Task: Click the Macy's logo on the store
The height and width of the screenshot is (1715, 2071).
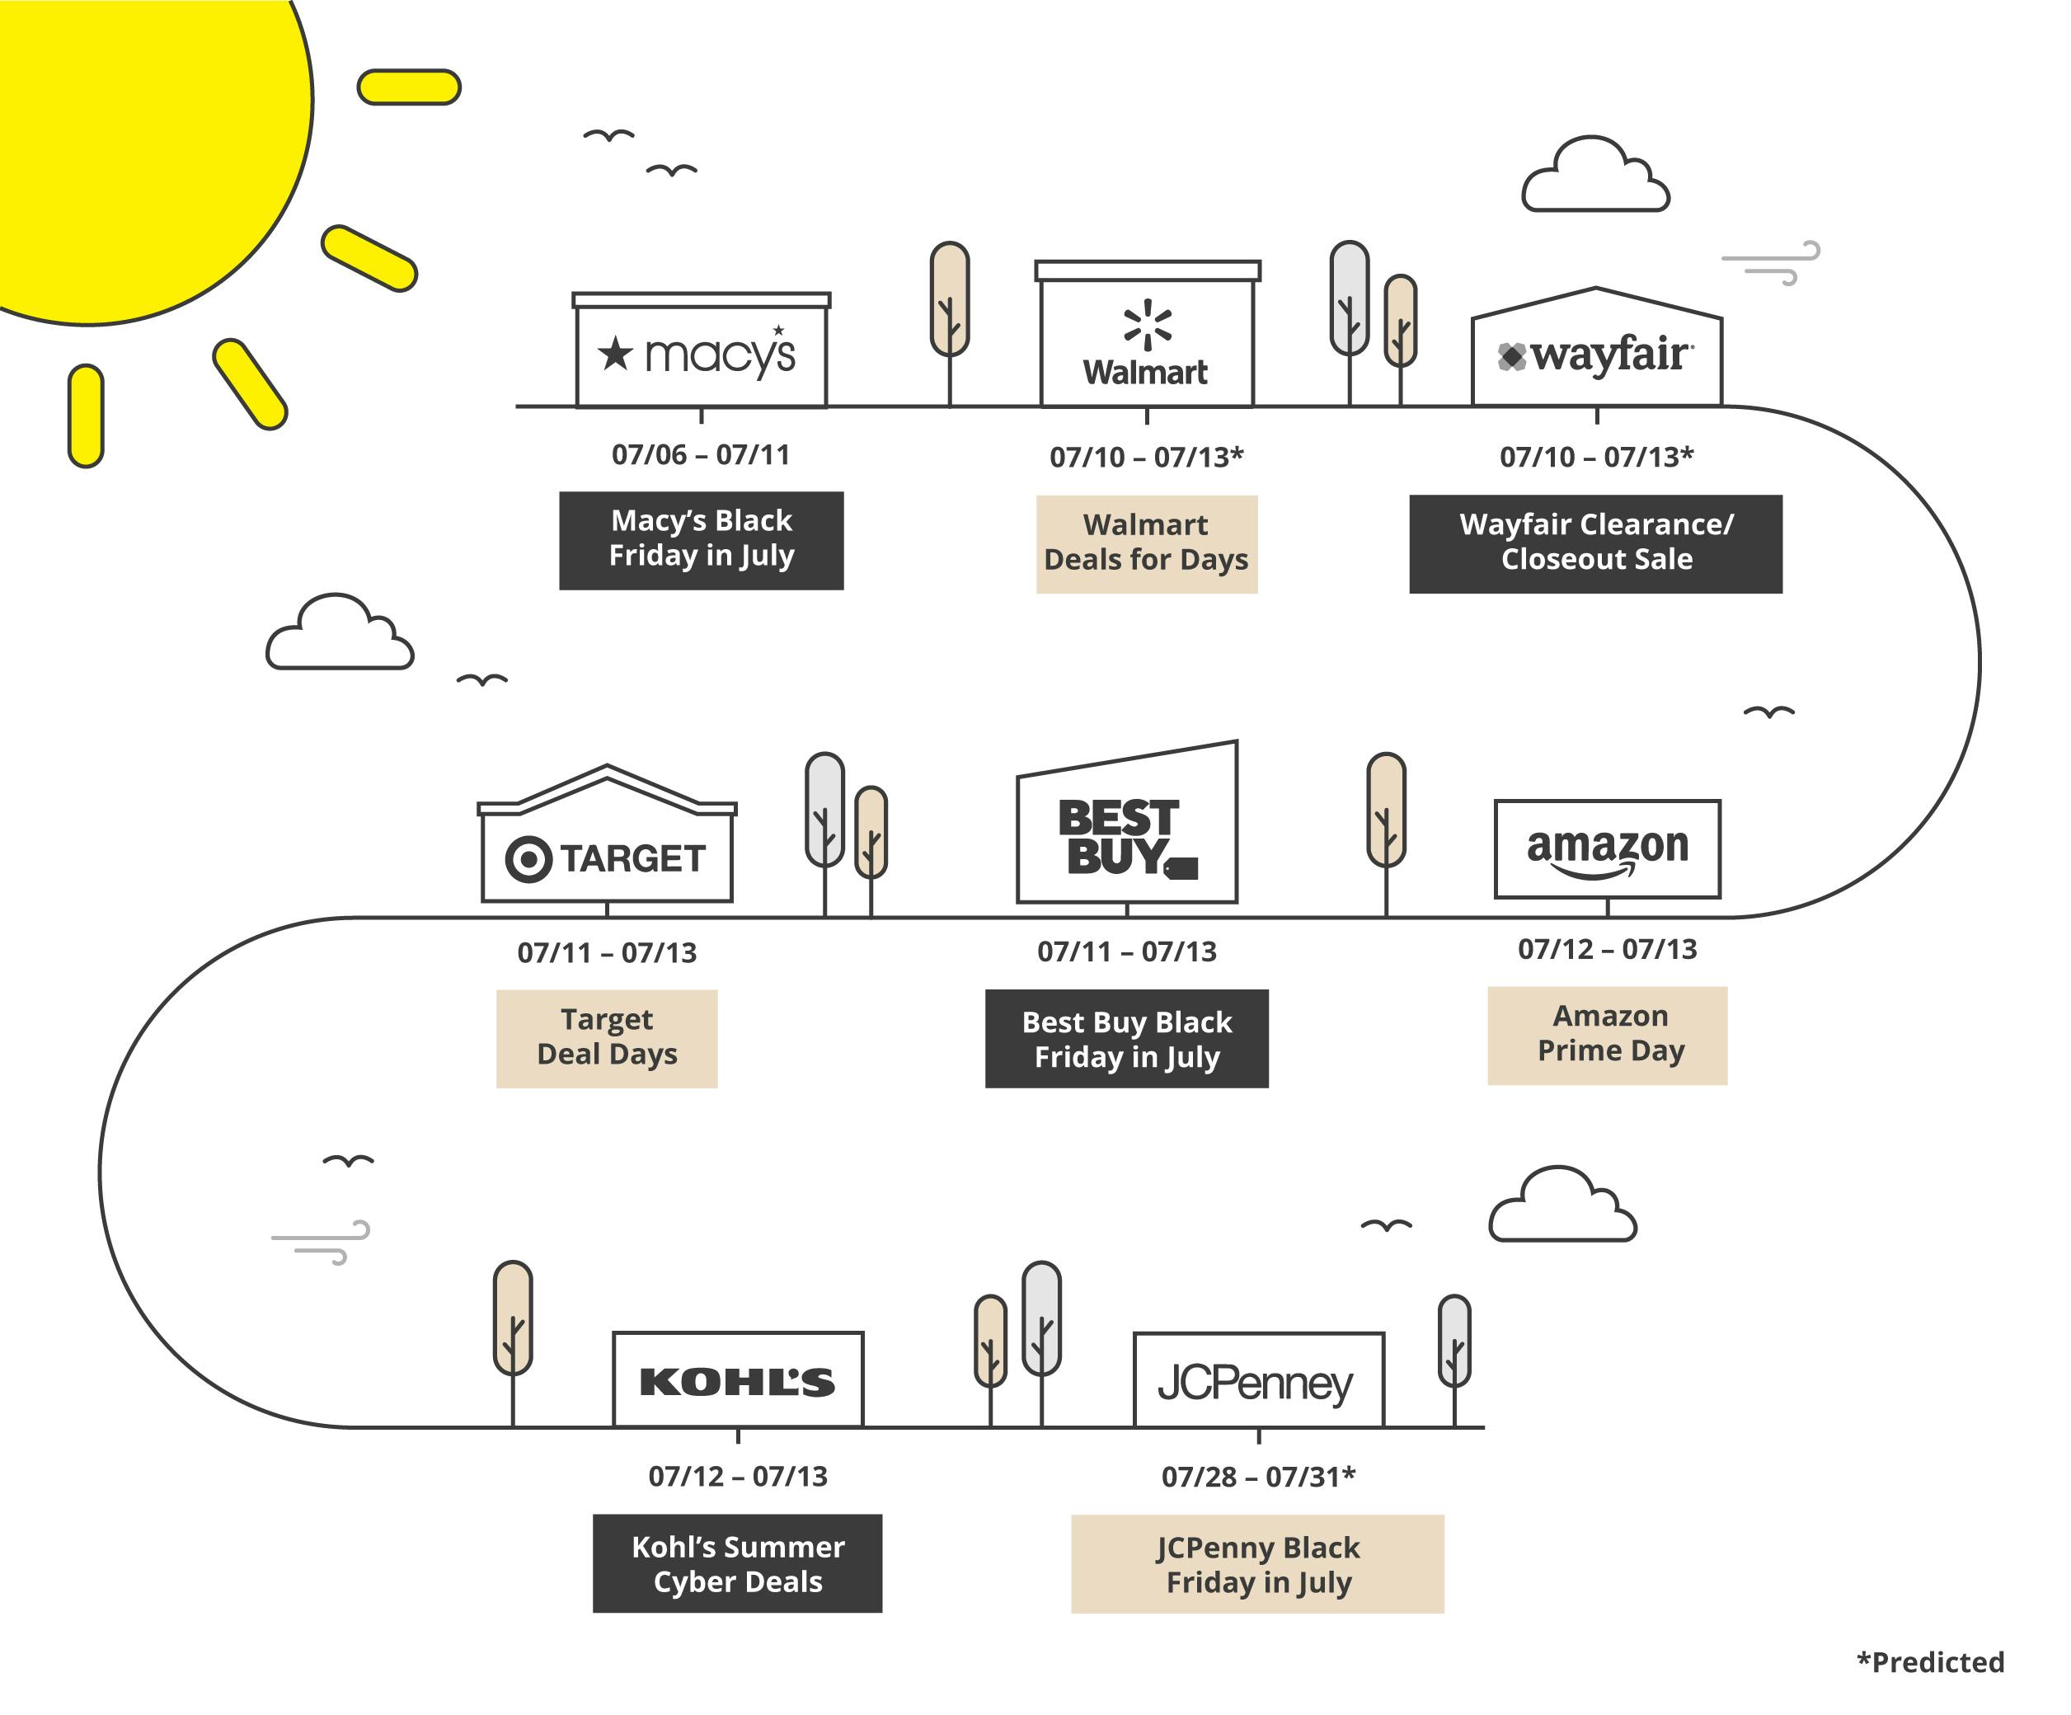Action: [698, 353]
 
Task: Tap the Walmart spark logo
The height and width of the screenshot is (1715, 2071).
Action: [1147, 323]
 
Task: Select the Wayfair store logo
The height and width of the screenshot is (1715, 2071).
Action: [1595, 355]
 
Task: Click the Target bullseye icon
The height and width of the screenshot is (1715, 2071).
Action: [528, 859]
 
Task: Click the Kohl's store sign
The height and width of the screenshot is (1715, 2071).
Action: [738, 1382]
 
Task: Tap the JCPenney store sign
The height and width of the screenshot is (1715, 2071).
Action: [1256, 1384]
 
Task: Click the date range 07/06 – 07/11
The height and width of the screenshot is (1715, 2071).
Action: [701, 454]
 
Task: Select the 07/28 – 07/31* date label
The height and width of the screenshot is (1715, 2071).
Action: [1258, 1477]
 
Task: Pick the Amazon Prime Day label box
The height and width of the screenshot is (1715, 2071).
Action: [1608, 1035]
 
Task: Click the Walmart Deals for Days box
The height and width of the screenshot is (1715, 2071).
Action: [1147, 543]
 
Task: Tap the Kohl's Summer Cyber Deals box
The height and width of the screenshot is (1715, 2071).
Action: [738, 1563]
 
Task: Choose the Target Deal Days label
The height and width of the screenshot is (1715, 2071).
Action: [607, 1037]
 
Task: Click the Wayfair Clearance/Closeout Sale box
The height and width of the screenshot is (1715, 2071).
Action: [1595, 543]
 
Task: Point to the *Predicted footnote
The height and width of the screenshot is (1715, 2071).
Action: [1930, 1661]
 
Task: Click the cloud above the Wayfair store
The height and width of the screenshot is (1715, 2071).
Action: [1594, 176]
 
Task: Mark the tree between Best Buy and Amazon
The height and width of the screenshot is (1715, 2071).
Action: [1387, 811]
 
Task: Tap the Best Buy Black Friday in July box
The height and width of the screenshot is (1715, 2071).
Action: [1126, 1038]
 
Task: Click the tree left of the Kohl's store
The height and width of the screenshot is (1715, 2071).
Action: [513, 1319]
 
